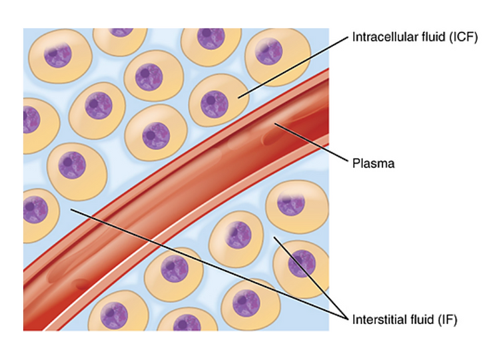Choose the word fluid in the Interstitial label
coord(418,320)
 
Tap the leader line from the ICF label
coord(293,67)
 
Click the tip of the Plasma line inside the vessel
coord(274,123)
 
